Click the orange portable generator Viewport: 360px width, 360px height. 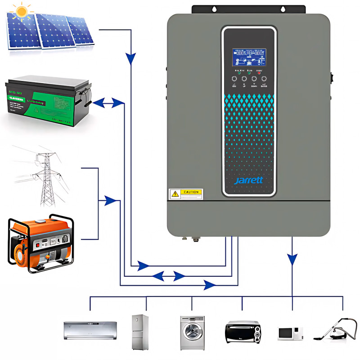click(x=40, y=243)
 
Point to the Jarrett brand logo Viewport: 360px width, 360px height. click(x=248, y=181)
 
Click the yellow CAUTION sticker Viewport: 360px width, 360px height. click(x=186, y=193)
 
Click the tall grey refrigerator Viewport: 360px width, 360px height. click(x=140, y=332)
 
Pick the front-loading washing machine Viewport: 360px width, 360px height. click(x=192, y=333)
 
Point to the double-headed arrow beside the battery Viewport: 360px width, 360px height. click(x=103, y=103)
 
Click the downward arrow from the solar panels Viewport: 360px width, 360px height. click(x=130, y=58)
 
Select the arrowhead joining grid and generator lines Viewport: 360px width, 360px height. click(x=110, y=201)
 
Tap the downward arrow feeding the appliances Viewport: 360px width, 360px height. click(x=292, y=259)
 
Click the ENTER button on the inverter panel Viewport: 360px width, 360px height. click(x=264, y=80)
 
